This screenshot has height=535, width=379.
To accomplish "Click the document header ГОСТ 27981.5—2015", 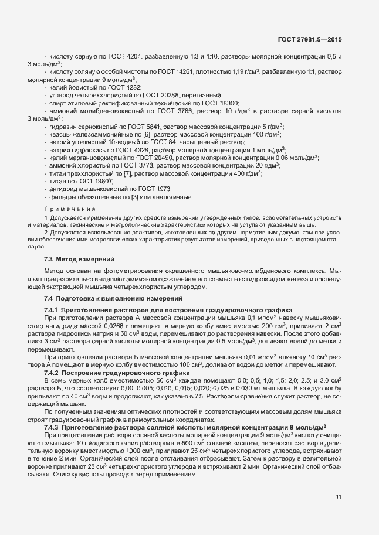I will tap(310, 39).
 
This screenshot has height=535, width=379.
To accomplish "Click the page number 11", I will tap(339, 497).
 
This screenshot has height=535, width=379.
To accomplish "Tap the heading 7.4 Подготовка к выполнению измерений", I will tap(96, 299).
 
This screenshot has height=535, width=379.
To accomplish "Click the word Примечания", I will tap(65, 209).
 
